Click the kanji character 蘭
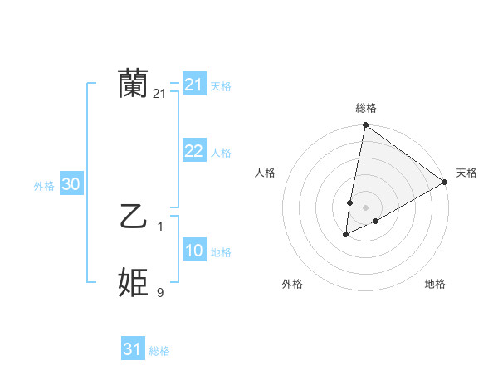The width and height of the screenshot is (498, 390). [133, 84]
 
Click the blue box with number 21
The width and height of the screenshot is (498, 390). [193, 85]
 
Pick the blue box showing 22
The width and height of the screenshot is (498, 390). [193, 151]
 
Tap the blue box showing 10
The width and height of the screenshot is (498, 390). [193, 251]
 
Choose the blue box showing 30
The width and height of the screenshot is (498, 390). [71, 185]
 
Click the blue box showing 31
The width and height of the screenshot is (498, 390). [133, 349]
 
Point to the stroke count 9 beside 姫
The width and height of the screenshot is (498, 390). [160, 292]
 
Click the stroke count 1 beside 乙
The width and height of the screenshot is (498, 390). [160, 226]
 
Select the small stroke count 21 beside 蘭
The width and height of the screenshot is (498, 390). [159, 94]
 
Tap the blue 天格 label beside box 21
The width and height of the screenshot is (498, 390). [220, 86]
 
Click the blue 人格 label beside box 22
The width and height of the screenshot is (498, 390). [220, 153]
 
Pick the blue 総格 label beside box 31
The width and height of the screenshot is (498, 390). [159, 351]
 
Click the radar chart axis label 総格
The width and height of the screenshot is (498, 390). [366, 108]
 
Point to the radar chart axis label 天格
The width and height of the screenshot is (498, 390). [466, 173]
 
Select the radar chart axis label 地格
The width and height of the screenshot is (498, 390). [435, 284]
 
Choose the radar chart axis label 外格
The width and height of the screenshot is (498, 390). [292, 284]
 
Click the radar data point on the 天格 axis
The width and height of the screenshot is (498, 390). [445, 182]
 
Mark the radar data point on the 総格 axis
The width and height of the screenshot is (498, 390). [365, 125]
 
